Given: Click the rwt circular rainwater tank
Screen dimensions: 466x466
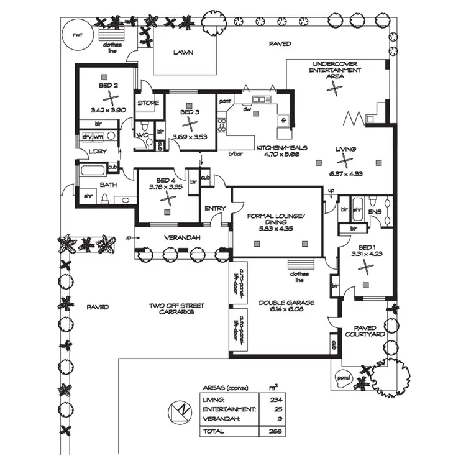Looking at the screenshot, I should point(76,34).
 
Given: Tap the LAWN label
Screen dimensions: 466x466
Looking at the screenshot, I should point(183,53).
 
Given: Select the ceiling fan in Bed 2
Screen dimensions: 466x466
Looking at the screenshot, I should point(109,98).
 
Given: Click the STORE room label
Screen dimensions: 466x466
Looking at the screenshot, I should point(148,103).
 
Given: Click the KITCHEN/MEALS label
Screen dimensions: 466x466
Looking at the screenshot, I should point(278,148).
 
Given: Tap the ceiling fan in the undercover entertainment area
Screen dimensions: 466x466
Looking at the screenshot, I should point(336,88).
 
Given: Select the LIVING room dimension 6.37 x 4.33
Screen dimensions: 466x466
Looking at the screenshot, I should point(345,175).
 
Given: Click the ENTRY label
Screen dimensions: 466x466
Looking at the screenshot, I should point(215,208).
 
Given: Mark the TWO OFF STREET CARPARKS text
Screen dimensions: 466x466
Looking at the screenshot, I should point(177,309).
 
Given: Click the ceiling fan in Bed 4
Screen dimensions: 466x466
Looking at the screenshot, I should point(167,198).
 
